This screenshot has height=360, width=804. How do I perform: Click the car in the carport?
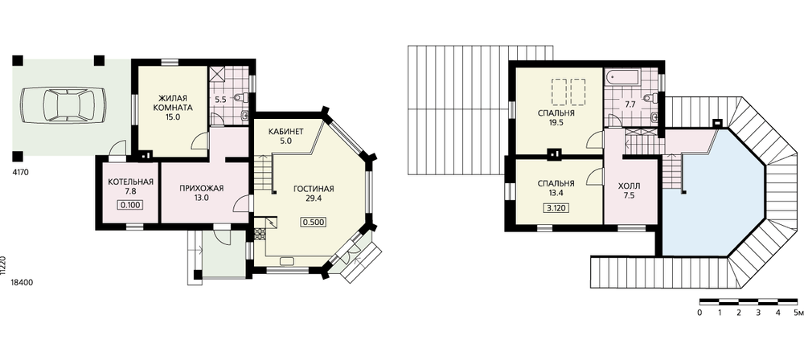(64, 105)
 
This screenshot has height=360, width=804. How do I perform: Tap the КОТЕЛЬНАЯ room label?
(131, 182)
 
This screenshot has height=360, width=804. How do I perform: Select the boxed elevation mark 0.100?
(130, 206)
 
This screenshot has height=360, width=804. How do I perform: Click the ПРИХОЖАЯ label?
(202, 188)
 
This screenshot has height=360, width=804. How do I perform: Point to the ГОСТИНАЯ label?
(314, 189)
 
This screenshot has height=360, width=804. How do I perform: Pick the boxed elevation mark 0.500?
(314, 222)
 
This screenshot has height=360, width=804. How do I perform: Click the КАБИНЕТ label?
(286, 132)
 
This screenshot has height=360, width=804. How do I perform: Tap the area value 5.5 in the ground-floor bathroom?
(220, 100)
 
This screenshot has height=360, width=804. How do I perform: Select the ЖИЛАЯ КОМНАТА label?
(175, 103)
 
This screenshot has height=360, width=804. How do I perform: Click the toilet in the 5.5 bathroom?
(241, 97)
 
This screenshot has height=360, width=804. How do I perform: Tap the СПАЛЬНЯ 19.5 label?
(556, 117)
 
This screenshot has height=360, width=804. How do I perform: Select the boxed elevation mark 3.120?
(556, 208)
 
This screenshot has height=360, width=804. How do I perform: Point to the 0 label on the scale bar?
(700, 312)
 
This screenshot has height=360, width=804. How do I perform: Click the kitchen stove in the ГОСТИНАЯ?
(260, 235)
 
